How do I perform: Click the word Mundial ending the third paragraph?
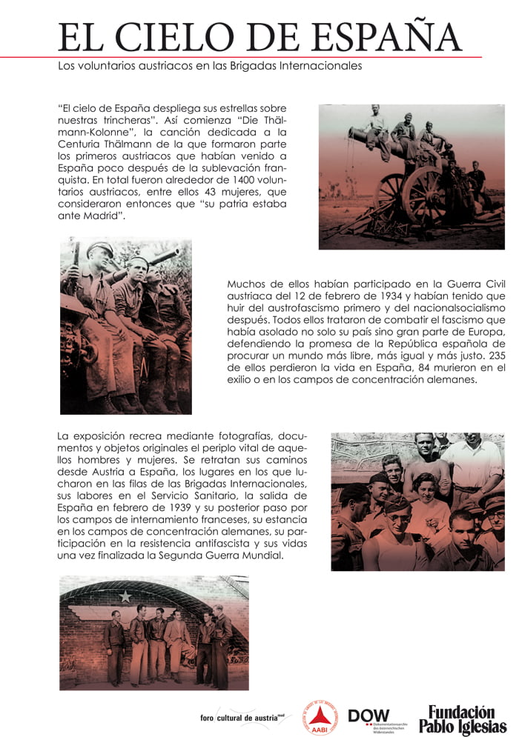click(262, 555)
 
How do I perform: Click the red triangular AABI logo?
click(321, 718)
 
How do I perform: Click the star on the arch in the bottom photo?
click(125, 597)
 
